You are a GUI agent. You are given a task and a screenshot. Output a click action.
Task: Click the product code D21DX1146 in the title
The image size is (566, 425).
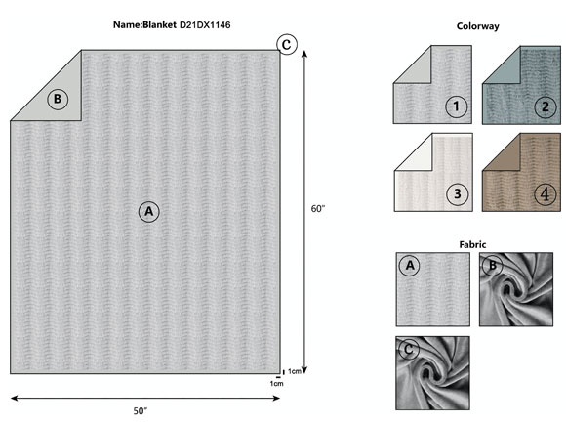[x=205, y=25]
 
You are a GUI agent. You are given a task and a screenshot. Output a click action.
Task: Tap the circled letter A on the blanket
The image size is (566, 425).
[x=149, y=211]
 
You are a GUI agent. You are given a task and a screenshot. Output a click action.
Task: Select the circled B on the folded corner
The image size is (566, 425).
[x=58, y=99]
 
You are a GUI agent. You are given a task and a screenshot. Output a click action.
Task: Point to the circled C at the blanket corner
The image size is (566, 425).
[x=287, y=44]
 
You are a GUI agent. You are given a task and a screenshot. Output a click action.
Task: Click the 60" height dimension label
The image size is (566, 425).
[x=318, y=209]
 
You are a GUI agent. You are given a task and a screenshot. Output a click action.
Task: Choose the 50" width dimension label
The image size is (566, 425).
[x=141, y=411]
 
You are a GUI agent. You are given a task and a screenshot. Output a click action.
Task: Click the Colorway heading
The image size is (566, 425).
[x=477, y=26]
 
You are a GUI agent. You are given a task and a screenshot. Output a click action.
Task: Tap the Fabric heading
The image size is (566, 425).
[x=472, y=244]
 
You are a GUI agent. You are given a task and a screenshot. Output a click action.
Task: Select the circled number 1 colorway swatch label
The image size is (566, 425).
[x=457, y=106]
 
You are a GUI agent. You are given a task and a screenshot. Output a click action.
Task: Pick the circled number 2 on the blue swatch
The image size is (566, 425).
[x=546, y=106]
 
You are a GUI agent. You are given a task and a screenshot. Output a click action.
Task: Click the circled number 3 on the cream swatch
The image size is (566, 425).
[x=458, y=194]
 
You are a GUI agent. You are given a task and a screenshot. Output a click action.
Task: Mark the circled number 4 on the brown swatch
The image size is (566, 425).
[x=546, y=194]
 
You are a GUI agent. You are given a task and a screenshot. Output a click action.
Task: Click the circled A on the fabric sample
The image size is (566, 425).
[x=410, y=266]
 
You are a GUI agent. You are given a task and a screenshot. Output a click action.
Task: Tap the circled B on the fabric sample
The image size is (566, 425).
[x=493, y=266]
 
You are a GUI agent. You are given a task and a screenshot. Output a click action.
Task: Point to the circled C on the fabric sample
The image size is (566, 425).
[x=409, y=350]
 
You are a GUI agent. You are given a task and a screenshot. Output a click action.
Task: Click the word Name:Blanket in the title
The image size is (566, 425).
[x=144, y=25]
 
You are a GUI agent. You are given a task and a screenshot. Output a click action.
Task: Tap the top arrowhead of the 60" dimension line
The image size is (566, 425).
[x=304, y=54]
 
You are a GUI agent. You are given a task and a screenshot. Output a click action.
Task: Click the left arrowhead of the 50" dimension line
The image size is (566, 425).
[x=15, y=399]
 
